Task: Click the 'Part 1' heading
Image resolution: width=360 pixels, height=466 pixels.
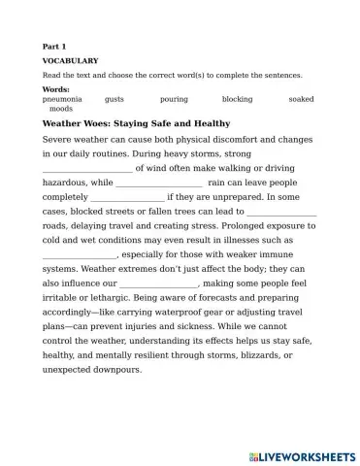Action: (x=54, y=46)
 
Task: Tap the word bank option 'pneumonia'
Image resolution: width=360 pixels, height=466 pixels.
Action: (x=62, y=99)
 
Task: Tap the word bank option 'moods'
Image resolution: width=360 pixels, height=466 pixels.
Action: (x=60, y=109)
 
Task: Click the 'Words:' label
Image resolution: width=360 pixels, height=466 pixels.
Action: (x=57, y=89)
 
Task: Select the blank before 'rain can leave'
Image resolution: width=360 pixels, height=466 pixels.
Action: (x=159, y=182)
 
